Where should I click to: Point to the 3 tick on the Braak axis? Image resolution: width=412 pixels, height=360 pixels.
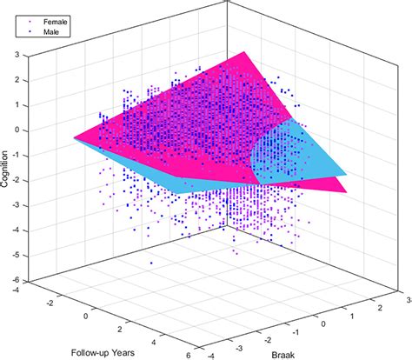(x=407, y=297)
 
